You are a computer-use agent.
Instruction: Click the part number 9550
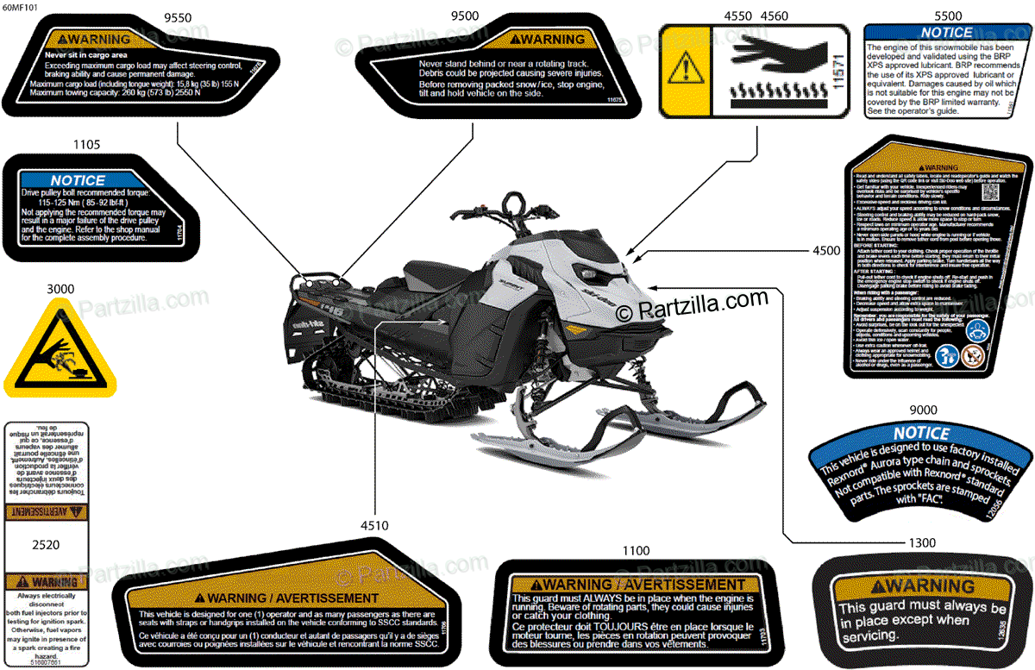click(178, 16)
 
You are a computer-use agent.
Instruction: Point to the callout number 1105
click(86, 144)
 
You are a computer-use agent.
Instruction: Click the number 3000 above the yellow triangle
click(61, 289)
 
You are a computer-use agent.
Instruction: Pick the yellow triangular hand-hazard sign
click(60, 348)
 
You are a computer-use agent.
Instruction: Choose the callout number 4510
click(374, 525)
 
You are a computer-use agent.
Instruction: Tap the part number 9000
click(922, 410)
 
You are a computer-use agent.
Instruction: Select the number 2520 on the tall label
click(45, 545)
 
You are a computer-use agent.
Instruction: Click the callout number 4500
click(826, 251)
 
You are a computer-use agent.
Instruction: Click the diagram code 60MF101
click(20, 7)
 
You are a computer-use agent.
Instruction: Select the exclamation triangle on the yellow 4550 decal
click(685, 68)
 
